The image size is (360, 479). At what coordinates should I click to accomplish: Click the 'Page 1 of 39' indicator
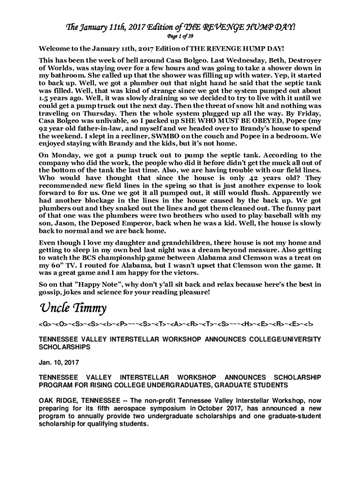[x=180, y=36]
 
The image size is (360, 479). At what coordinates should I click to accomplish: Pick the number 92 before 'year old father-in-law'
[x=43, y=128]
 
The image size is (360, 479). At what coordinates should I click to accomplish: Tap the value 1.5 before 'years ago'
[x=44, y=98]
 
